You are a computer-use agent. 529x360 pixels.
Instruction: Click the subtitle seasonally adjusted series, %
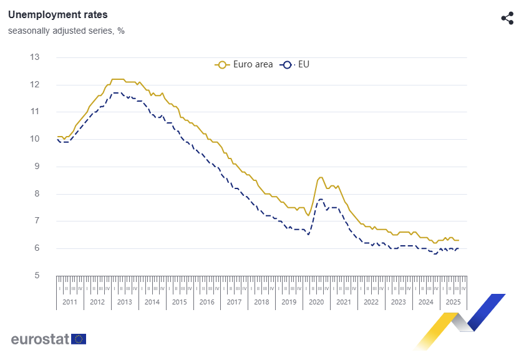pos(66,31)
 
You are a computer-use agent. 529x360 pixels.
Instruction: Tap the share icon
pos(507,18)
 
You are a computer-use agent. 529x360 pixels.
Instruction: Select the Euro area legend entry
pos(245,64)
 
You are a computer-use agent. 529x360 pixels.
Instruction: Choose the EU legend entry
pos(297,64)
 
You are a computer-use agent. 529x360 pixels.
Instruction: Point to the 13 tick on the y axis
pos(34,57)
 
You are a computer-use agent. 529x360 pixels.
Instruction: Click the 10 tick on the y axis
pos(34,139)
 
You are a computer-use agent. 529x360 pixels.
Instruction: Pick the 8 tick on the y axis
pos(34,194)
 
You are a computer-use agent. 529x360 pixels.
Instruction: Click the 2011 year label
pos(70,302)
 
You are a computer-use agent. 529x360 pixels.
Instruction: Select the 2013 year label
pos(124,302)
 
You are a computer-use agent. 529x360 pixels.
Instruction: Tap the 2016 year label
pos(206,302)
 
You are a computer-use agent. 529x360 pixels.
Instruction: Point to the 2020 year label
pos(316,302)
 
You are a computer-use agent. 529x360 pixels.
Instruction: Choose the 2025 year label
pos(452,302)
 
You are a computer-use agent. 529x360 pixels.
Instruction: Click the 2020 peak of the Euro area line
pos(321,177)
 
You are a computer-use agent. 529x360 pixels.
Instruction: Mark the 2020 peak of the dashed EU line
pos(321,199)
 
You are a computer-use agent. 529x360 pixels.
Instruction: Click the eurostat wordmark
pos(40,339)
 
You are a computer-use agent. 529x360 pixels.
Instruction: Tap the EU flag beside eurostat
pos(79,339)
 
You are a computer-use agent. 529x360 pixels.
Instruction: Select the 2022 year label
pos(371,302)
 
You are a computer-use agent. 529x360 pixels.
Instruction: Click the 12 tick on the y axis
pos(34,85)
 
